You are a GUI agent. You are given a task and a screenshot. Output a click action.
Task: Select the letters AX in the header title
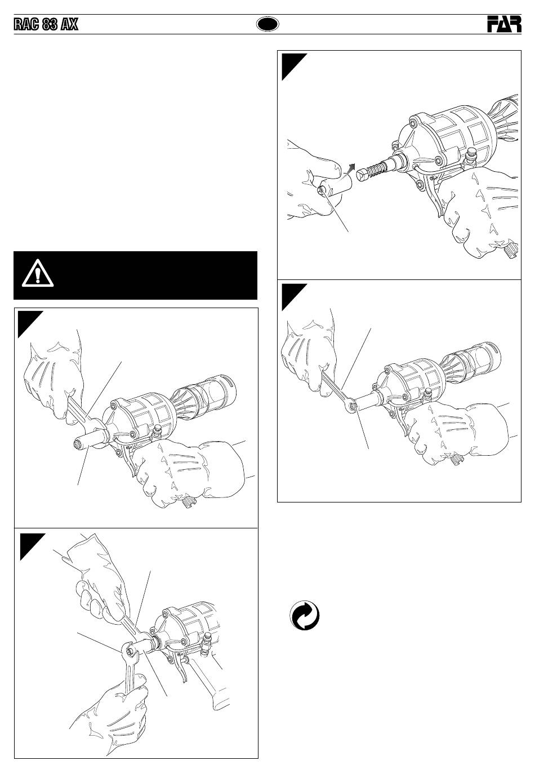coord(69,25)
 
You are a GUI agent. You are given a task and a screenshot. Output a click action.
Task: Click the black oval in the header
coord(267,24)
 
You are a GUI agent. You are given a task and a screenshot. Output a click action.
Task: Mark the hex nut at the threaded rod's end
coord(362,175)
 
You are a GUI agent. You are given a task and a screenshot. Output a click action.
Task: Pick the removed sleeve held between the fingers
coord(335,187)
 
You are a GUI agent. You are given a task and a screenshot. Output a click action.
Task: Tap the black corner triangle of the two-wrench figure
coord(30,544)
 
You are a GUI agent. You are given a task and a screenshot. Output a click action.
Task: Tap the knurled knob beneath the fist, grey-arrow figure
coord(510,248)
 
